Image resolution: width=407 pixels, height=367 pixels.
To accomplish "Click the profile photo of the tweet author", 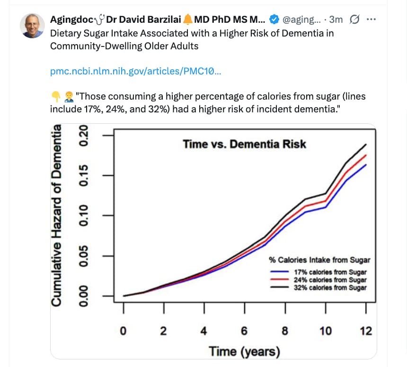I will (32, 26).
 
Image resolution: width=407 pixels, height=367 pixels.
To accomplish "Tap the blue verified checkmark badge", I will (274, 19).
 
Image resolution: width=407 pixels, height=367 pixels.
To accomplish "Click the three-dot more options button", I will (371, 19).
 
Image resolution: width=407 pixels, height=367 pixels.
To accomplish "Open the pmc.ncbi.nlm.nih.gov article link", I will (135, 72).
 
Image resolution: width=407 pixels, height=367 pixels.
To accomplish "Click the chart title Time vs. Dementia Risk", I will (244, 144).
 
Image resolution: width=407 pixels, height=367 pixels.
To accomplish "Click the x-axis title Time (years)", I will (244, 352).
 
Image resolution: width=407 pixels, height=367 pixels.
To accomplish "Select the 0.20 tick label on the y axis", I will (83, 135).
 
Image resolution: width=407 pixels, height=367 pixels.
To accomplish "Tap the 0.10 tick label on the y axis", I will (83, 216).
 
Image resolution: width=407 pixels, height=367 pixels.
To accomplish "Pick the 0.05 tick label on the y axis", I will (83, 256).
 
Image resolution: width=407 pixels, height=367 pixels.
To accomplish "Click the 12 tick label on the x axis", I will (366, 331).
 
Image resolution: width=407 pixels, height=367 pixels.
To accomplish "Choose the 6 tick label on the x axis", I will (244, 331).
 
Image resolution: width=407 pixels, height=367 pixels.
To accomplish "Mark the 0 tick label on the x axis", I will (123, 331).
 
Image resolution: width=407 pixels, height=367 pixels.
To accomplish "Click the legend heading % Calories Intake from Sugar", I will (319, 260).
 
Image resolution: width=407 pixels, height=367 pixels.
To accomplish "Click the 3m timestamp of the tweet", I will (336, 19).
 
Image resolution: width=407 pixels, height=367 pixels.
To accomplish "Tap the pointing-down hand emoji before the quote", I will (56, 97).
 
